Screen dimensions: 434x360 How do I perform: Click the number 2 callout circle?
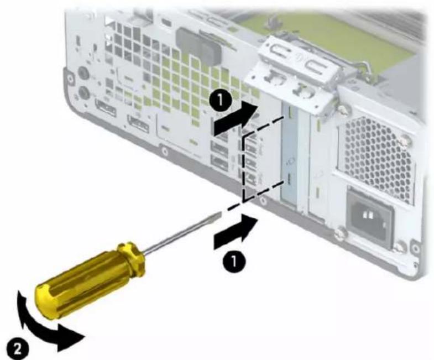[x=17, y=349]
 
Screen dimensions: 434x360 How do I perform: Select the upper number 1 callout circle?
[x=221, y=100]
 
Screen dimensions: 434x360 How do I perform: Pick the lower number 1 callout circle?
[x=234, y=260]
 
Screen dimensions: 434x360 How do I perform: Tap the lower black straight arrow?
[x=236, y=231]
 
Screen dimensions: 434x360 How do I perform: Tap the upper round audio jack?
[x=83, y=74]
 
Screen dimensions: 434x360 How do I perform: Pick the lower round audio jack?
[x=83, y=91]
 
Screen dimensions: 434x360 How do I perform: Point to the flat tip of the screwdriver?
[x=217, y=214]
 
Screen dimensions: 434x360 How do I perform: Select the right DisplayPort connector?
[x=138, y=124]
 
